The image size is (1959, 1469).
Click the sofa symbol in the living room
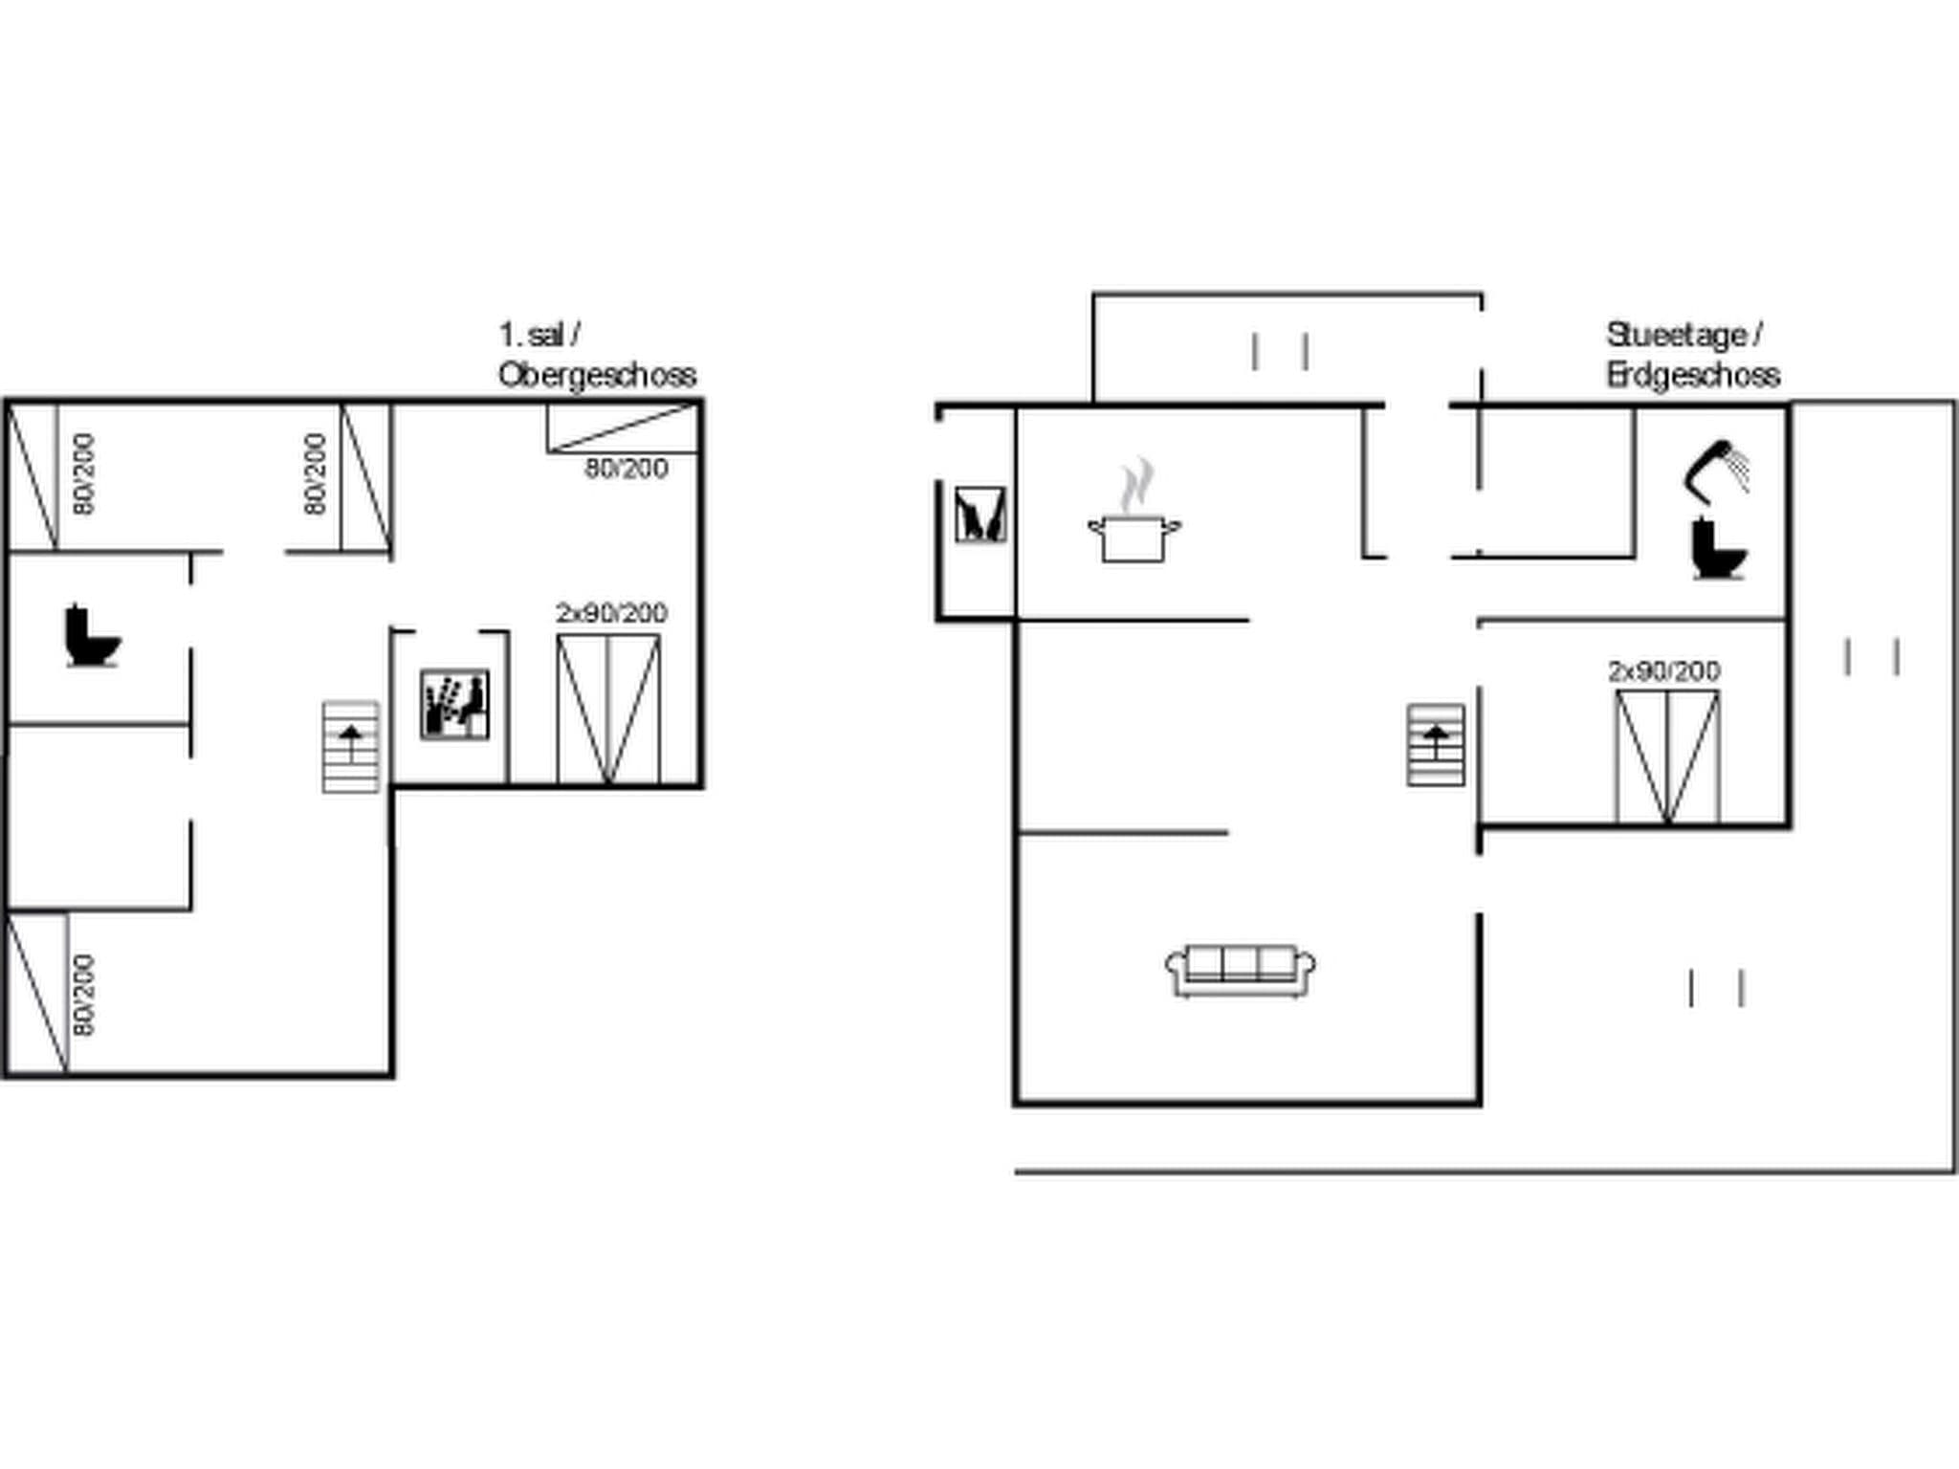point(1240,971)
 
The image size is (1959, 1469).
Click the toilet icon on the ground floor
point(1719,548)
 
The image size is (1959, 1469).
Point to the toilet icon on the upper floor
point(93,635)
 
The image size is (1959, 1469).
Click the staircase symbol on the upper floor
point(351,747)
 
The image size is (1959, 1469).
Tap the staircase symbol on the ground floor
point(1436,745)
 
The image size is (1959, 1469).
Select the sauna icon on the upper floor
point(455,704)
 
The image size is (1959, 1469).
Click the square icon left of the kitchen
point(980,515)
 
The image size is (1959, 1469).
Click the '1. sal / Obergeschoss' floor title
point(597,355)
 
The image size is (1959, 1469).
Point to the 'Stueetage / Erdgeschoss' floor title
point(1693,355)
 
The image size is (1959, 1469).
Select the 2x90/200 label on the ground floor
point(1664,671)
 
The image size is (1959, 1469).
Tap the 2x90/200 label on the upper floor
point(612,613)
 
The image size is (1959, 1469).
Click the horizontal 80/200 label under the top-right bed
point(627,469)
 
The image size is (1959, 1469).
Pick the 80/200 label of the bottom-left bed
point(84,995)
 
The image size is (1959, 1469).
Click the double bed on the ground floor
point(1667,757)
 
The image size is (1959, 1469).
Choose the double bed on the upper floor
point(608,710)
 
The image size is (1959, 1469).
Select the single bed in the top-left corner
point(33,477)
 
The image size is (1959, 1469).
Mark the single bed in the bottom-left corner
point(37,993)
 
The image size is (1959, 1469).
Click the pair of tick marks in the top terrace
point(1280,352)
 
